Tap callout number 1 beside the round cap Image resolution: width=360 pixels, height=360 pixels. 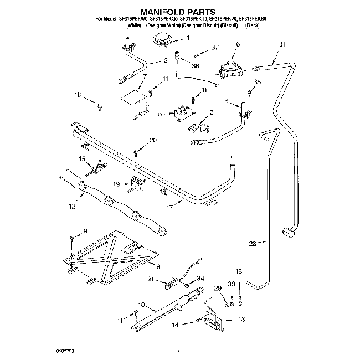pyautogui.click(x=187, y=38)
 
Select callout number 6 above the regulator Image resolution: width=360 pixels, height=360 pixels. pyautogui.click(x=238, y=44)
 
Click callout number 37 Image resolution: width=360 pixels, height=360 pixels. pyautogui.click(x=215, y=48)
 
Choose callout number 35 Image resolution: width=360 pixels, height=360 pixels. pyautogui.click(x=256, y=82)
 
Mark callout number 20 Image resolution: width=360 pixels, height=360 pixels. pyautogui.click(x=153, y=141)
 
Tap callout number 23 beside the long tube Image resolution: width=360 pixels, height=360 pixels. pyautogui.click(x=253, y=243)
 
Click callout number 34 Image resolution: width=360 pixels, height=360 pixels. pyautogui.click(x=200, y=278)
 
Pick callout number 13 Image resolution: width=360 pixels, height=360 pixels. pyautogui.click(x=241, y=320)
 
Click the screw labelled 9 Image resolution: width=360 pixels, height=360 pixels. pyautogui.click(x=73, y=238)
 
